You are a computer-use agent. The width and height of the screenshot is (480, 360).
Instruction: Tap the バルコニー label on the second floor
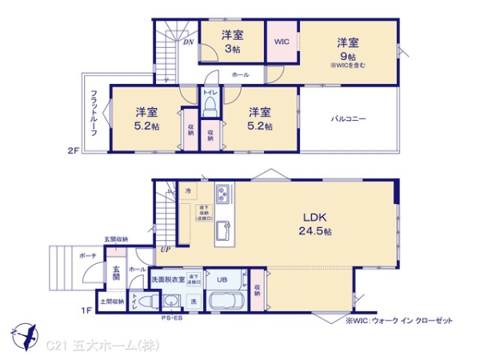click(x=349, y=118)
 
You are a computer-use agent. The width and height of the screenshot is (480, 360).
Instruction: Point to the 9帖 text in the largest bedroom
click(x=346, y=55)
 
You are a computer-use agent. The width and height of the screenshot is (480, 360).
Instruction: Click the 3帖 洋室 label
click(x=231, y=42)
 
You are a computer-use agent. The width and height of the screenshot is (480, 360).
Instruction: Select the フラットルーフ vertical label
click(x=94, y=112)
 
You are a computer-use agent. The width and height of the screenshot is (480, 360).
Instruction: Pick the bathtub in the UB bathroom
click(x=232, y=302)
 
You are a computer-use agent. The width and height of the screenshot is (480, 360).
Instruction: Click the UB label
click(x=222, y=280)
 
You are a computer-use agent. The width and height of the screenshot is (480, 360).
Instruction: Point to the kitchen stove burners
click(x=222, y=194)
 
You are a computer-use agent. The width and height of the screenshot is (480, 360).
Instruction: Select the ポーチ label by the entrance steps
click(x=88, y=255)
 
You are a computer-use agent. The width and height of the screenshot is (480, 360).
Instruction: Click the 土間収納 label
click(x=112, y=302)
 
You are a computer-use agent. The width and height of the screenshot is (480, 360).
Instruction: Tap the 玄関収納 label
click(x=115, y=239)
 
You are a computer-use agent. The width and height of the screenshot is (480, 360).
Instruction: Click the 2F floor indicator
click(x=74, y=150)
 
